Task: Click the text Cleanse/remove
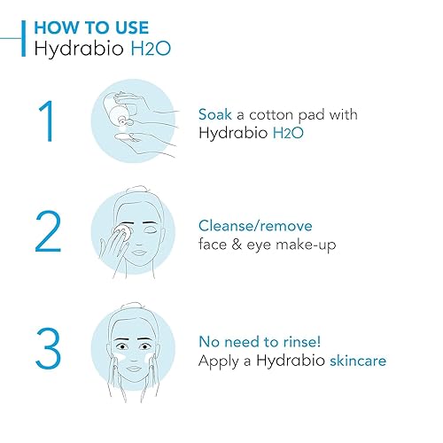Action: (x=255, y=226)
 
